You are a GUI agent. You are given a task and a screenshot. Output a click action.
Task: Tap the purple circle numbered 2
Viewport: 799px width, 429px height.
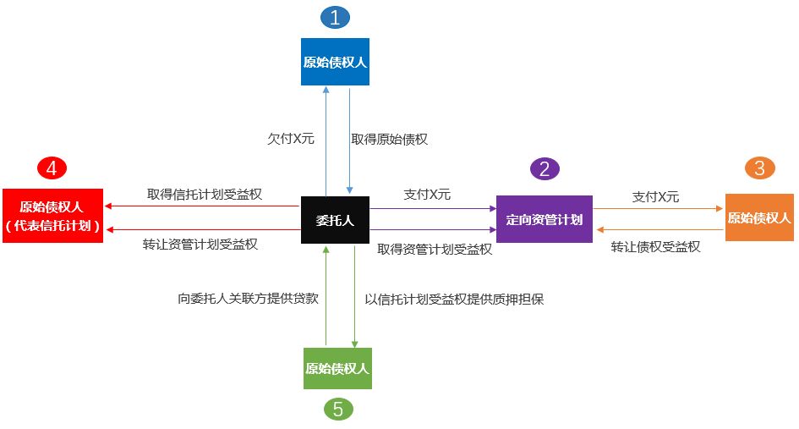coord(545,168)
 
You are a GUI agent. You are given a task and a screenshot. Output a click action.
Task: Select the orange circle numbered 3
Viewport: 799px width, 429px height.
coord(760,168)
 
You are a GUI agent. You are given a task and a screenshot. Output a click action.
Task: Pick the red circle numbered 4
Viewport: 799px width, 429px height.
coord(52,168)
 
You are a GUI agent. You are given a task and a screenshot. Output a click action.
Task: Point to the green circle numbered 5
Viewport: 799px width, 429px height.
coord(338,410)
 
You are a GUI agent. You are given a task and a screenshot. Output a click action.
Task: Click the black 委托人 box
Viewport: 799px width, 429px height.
coord(335,220)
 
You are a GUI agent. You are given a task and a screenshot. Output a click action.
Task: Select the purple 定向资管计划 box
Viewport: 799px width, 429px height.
coord(545,219)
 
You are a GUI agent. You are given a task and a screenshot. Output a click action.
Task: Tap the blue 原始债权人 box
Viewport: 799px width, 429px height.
coord(336,62)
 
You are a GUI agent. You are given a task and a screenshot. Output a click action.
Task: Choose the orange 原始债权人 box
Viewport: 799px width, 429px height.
coord(759,217)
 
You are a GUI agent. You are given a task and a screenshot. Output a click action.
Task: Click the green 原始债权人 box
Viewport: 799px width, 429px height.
coord(337,368)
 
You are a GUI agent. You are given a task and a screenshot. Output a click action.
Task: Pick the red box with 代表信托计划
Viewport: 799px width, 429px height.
coord(52,216)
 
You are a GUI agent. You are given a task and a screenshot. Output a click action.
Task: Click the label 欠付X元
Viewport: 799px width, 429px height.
coord(290,139)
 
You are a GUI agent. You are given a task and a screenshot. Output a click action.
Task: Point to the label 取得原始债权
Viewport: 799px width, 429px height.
coord(390,139)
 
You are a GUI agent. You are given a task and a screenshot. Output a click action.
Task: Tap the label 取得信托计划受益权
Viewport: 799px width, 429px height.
coord(204,194)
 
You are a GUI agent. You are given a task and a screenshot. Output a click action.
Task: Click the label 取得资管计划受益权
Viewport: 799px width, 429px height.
coord(435,249)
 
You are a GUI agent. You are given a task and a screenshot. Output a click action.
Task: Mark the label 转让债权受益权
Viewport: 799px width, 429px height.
coord(656,247)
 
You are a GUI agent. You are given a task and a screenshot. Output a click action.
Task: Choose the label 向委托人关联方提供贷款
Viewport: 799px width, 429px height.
coord(248,298)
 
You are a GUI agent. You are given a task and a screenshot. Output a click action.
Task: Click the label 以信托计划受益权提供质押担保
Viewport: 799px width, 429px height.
coord(454,298)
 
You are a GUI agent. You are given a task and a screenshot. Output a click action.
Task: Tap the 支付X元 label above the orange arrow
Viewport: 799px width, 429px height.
coord(655,196)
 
